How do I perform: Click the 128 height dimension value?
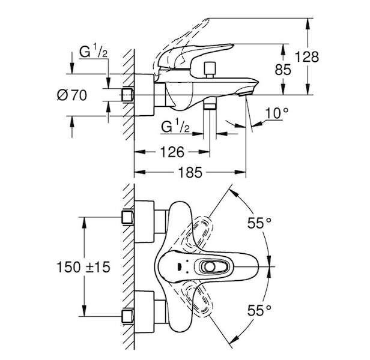pyautogui.click(x=307, y=57)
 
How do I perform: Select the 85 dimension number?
pyautogui.click(x=283, y=70)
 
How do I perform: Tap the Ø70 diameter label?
pyautogui.click(x=72, y=95)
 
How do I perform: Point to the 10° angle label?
pyautogui.click(x=277, y=113)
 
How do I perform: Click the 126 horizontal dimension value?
pyautogui.click(x=172, y=152)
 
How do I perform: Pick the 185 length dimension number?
pyautogui.click(x=190, y=172)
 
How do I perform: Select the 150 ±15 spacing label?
pyautogui.click(x=83, y=267)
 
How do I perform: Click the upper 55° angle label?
pyautogui.click(x=259, y=223)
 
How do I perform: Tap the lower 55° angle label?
pyautogui.click(x=259, y=310)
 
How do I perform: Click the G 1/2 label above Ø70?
pyautogui.click(x=94, y=52)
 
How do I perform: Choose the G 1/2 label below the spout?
pyautogui.click(x=175, y=127)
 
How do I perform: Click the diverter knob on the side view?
pyautogui.click(x=210, y=70)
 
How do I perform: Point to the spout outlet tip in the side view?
pyautogui.click(x=246, y=94)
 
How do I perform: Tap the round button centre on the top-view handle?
pyautogui.click(x=210, y=267)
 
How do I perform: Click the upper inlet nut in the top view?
pyautogui.click(x=127, y=217)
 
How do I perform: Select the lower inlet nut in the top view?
pyautogui.click(x=127, y=316)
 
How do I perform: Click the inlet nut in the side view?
pyautogui.click(x=128, y=95)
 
